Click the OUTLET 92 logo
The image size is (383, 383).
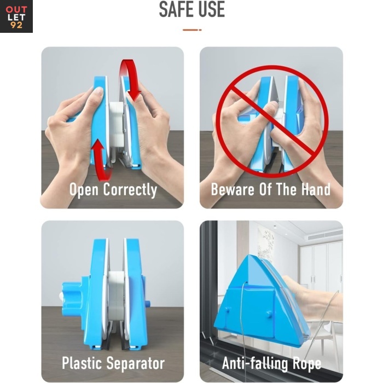click(16, 16)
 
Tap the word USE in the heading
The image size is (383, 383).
click(211, 9)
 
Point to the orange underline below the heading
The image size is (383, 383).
click(192, 30)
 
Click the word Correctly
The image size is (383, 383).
click(130, 190)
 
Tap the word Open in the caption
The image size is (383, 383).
click(84, 190)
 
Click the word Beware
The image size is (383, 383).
click(233, 189)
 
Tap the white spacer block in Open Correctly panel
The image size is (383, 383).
click(116, 125)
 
